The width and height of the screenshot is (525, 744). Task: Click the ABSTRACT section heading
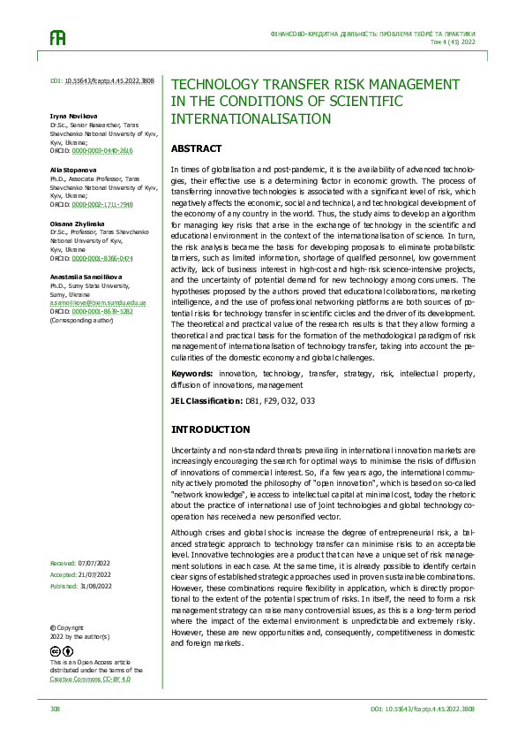click(196, 148)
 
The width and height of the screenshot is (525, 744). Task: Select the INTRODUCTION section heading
click(210, 429)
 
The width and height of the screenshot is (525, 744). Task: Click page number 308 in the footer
click(55, 709)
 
